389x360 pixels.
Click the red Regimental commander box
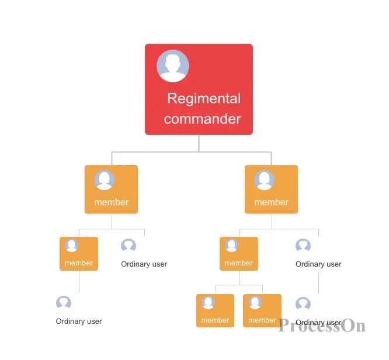pyautogui.click(x=199, y=89)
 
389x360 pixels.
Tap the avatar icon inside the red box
pyautogui.click(x=173, y=66)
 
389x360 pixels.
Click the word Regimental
pyautogui.click(x=204, y=99)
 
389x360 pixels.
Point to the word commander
pyautogui.click(x=202, y=119)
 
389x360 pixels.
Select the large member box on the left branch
pyautogui.click(x=111, y=189)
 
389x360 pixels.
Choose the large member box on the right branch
pyautogui.click(x=271, y=189)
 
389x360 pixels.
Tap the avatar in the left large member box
pyautogui.click(x=104, y=180)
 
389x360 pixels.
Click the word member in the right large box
pyautogui.click(x=271, y=202)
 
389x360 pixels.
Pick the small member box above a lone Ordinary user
pyautogui.click(x=79, y=254)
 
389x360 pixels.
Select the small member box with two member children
pyautogui.click(x=239, y=254)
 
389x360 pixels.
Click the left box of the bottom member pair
pyautogui.click(x=215, y=310)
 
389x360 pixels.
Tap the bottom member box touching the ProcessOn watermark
pyautogui.click(x=262, y=310)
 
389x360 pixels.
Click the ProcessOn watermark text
pyautogui.click(x=321, y=326)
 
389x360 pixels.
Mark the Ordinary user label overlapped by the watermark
pyautogui.click(x=318, y=322)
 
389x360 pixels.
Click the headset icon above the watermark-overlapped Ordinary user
pyautogui.click(x=303, y=303)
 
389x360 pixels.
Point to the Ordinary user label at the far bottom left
pyautogui.click(x=79, y=321)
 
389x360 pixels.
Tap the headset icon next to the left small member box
pyautogui.click(x=128, y=245)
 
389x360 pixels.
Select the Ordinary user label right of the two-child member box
pyautogui.click(x=318, y=264)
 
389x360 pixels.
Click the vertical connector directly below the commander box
pyautogui.click(x=199, y=143)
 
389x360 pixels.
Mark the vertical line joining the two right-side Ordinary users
pyautogui.click(x=318, y=283)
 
